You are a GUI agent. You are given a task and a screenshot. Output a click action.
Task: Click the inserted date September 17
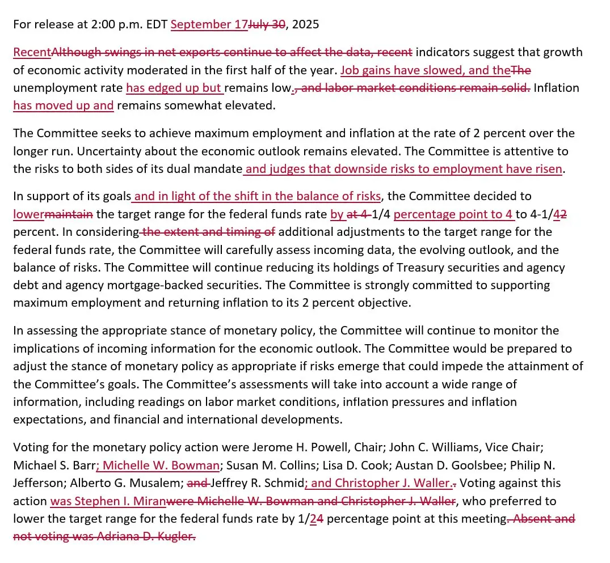coord(209,24)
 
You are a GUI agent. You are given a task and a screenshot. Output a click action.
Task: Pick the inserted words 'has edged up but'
coord(174,88)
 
